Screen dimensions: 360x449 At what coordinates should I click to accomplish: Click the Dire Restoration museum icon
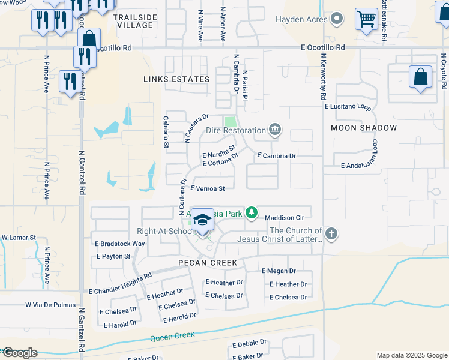click(275, 130)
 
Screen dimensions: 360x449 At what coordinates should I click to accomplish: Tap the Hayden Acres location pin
click(337, 19)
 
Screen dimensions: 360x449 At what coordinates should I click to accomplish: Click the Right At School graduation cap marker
click(202, 221)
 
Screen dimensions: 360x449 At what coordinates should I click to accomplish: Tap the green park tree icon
click(253, 212)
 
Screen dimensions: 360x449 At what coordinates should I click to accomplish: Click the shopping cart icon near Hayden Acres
click(366, 18)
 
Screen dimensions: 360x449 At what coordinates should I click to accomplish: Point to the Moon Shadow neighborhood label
click(364, 128)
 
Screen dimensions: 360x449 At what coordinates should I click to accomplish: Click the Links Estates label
click(176, 79)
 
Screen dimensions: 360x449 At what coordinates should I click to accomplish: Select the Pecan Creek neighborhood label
click(208, 263)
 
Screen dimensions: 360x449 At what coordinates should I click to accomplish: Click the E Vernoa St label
click(208, 188)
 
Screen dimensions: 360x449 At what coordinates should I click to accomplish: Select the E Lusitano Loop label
click(348, 106)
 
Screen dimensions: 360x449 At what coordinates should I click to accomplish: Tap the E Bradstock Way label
click(120, 244)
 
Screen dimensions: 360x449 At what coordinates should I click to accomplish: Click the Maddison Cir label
click(286, 218)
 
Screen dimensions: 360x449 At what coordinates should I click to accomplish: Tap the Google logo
click(20, 353)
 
